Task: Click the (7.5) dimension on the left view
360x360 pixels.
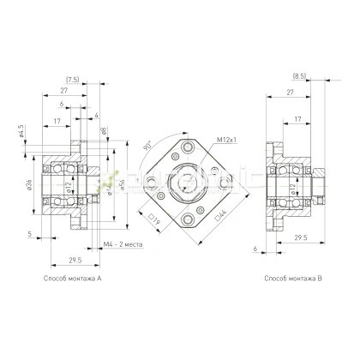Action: pyautogui.click(x=75, y=79)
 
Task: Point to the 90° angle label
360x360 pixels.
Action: pyautogui.click(x=150, y=146)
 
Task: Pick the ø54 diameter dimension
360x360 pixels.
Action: pyautogui.click(x=123, y=185)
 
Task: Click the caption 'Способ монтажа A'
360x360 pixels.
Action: pyautogui.click(x=73, y=279)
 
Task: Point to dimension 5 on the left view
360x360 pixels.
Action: pyautogui.click(x=29, y=233)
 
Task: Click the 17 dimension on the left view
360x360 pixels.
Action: pyautogui.click(x=57, y=121)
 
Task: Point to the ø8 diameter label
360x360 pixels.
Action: pyautogui.click(x=103, y=132)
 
